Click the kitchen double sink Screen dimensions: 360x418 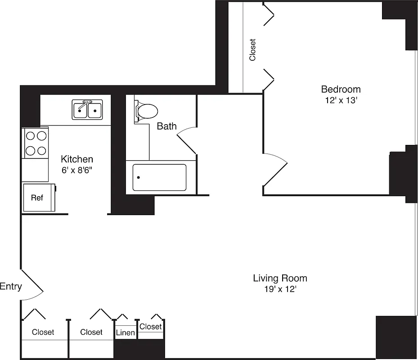tap(87, 110)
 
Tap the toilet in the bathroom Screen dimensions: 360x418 tap(145, 110)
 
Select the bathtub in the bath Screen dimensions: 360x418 tap(159, 177)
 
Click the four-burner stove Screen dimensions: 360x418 tap(36, 143)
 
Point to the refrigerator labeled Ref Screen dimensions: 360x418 tap(37, 197)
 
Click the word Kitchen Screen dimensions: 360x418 tap(77, 159)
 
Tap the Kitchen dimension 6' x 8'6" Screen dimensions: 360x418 tap(77, 171)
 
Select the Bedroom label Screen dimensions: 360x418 tap(341, 89)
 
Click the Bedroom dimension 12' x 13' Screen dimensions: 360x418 tap(341, 100)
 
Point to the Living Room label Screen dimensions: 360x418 tap(280, 278)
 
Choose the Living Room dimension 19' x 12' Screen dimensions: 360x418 tap(280, 289)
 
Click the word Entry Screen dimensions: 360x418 tap(11, 286)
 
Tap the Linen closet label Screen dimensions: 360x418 tap(126, 333)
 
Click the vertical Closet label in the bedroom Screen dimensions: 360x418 tap(252, 49)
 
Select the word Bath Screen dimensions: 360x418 tap(166, 126)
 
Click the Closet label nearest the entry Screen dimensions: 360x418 tap(43, 332)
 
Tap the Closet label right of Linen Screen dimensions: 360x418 tap(150, 326)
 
